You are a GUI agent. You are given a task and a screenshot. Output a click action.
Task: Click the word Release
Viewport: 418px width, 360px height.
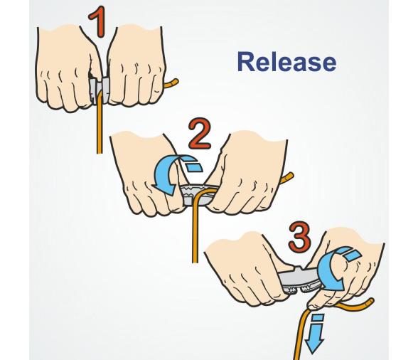point(286,62)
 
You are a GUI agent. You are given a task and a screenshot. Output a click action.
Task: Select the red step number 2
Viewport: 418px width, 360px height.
point(200,134)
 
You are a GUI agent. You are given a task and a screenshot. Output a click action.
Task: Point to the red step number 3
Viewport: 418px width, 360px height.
point(299,238)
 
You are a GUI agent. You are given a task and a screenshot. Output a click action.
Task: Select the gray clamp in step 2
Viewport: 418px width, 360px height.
point(196,195)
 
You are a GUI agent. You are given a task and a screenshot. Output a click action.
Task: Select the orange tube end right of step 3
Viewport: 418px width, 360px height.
point(369,302)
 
